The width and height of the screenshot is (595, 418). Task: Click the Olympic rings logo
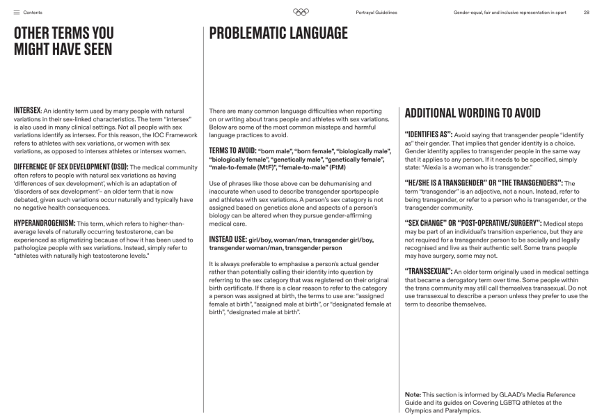tap(301, 12)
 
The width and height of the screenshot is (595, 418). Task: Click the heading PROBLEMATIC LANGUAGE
tap(278, 33)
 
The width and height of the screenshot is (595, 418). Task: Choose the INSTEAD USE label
tap(228, 239)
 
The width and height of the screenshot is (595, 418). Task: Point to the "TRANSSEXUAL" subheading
tap(428, 270)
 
